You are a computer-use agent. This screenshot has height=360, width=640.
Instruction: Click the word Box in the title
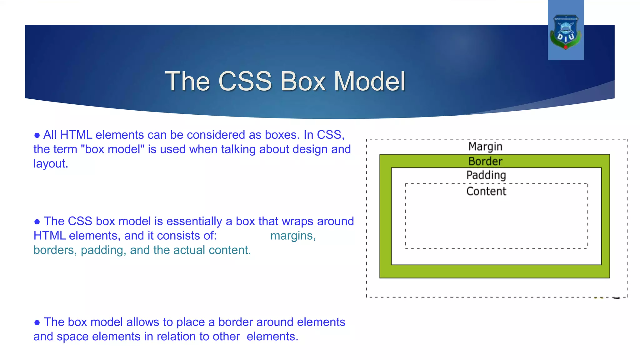coord(302,81)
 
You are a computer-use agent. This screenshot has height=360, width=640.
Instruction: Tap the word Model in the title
coord(369,81)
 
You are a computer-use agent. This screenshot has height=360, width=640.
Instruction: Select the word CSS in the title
coord(245,81)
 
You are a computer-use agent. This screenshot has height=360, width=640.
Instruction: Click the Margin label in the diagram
coord(485,147)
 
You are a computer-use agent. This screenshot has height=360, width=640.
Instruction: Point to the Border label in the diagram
coord(485,161)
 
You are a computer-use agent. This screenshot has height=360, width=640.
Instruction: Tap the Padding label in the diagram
coord(486,175)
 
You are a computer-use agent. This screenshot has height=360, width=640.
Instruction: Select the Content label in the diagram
coord(486,191)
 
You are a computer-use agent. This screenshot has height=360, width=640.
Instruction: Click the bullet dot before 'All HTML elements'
coord(37,136)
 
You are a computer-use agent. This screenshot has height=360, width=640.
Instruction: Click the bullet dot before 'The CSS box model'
coord(37,222)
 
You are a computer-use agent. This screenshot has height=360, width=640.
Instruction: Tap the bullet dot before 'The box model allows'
coord(37,323)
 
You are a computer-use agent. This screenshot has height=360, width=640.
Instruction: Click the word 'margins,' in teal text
coord(293,236)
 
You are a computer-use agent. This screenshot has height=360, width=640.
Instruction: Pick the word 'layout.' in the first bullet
coord(51,164)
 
